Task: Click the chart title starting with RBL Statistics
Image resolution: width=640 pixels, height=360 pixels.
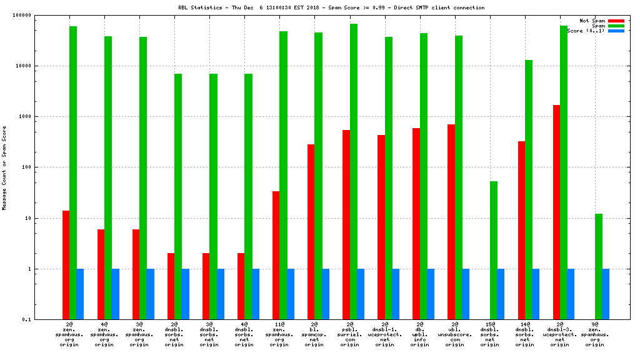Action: coord(331,7)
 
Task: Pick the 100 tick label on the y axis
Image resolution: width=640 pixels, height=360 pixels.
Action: coord(44,167)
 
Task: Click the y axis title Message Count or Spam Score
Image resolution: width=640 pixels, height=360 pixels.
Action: coord(4,167)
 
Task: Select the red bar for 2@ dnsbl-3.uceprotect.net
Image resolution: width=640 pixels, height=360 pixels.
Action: coord(556,212)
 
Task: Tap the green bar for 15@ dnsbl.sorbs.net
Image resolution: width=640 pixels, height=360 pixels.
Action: coord(493,250)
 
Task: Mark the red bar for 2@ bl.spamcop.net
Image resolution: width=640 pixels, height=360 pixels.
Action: coord(311,232)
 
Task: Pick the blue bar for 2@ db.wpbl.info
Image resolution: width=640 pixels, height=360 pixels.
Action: coord(431,294)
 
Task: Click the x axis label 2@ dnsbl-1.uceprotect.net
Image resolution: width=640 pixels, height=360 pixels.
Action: coord(385,334)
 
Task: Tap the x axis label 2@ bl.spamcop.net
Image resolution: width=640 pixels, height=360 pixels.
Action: coord(315,334)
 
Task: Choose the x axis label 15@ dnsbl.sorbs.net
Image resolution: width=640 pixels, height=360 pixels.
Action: coord(490,334)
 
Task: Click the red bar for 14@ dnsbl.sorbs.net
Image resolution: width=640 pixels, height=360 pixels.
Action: coord(521,231)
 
